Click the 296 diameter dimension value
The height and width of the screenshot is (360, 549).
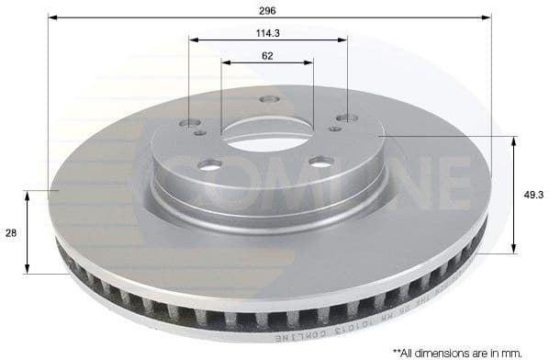coord(267,9)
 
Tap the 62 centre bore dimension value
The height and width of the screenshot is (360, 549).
coord(267,55)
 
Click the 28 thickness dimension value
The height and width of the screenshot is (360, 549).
coord(11,233)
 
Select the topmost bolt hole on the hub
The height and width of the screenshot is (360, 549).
coord(268,99)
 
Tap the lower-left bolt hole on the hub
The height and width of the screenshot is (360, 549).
coord(210,164)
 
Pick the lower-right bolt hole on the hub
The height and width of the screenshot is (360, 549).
coord(319,162)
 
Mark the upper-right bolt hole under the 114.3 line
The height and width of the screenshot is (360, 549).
coord(346,118)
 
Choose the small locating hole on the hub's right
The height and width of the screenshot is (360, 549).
coord(335,129)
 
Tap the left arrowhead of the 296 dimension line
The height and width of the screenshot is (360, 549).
coord(52,17)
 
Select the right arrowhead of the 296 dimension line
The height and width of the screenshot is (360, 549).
coord(488,17)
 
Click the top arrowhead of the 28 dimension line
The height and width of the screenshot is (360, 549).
coord(28,195)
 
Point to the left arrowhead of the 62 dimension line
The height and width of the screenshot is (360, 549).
coord(225,63)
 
